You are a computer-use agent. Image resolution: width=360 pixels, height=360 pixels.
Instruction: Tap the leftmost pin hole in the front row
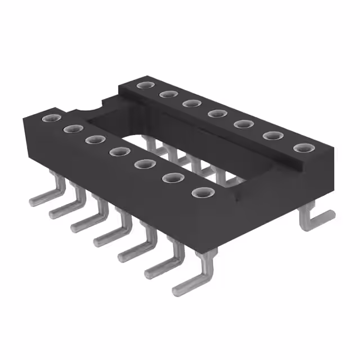tap(49, 118)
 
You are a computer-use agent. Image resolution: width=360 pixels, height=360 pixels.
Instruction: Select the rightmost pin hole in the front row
tap(200, 192)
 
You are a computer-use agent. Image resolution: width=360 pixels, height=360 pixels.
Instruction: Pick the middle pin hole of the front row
tap(118, 151)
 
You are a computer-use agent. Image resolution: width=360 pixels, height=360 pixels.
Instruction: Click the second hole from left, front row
tap(71, 129)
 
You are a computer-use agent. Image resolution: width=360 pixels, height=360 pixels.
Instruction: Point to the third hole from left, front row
tap(94, 139)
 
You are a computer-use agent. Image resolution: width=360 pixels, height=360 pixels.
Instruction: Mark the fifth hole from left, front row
tap(143, 164)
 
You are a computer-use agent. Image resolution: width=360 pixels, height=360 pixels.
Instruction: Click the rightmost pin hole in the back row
tap(303, 148)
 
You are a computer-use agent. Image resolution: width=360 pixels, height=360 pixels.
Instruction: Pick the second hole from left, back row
tap(167, 94)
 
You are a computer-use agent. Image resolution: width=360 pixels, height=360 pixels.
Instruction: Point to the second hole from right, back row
tap(273, 136)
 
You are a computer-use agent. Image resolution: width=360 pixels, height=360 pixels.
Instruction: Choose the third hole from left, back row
tap(191, 103)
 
